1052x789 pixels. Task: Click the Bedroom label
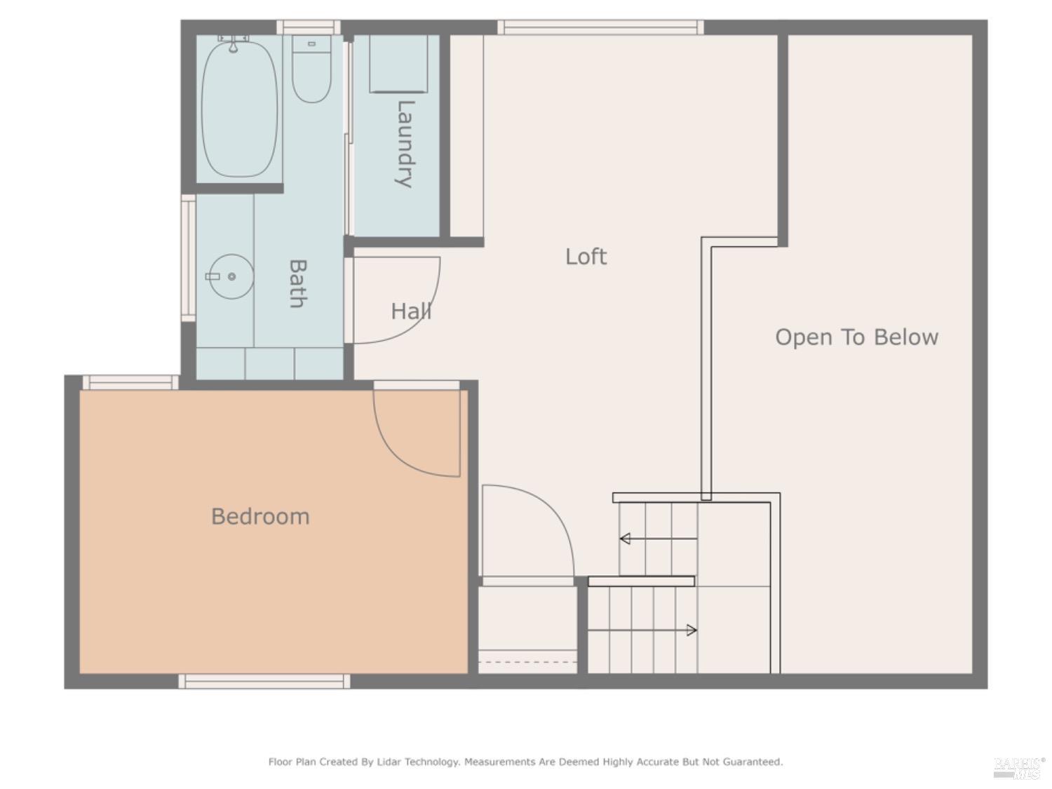(x=260, y=517)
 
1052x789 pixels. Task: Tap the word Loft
(x=586, y=257)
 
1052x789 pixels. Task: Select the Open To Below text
(x=856, y=337)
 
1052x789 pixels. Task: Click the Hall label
(x=411, y=311)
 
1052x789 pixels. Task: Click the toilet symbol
(x=311, y=70)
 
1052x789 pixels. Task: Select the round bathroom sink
(x=231, y=276)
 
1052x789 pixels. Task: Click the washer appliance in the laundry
(x=398, y=63)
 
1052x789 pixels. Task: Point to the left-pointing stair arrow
(x=625, y=539)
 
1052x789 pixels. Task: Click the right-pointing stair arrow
(x=691, y=630)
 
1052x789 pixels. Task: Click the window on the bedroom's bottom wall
(x=264, y=681)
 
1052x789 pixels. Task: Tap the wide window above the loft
(x=600, y=27)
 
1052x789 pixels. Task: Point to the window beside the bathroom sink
(x=188, y=257)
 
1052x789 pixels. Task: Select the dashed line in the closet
(x=527, y=661)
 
